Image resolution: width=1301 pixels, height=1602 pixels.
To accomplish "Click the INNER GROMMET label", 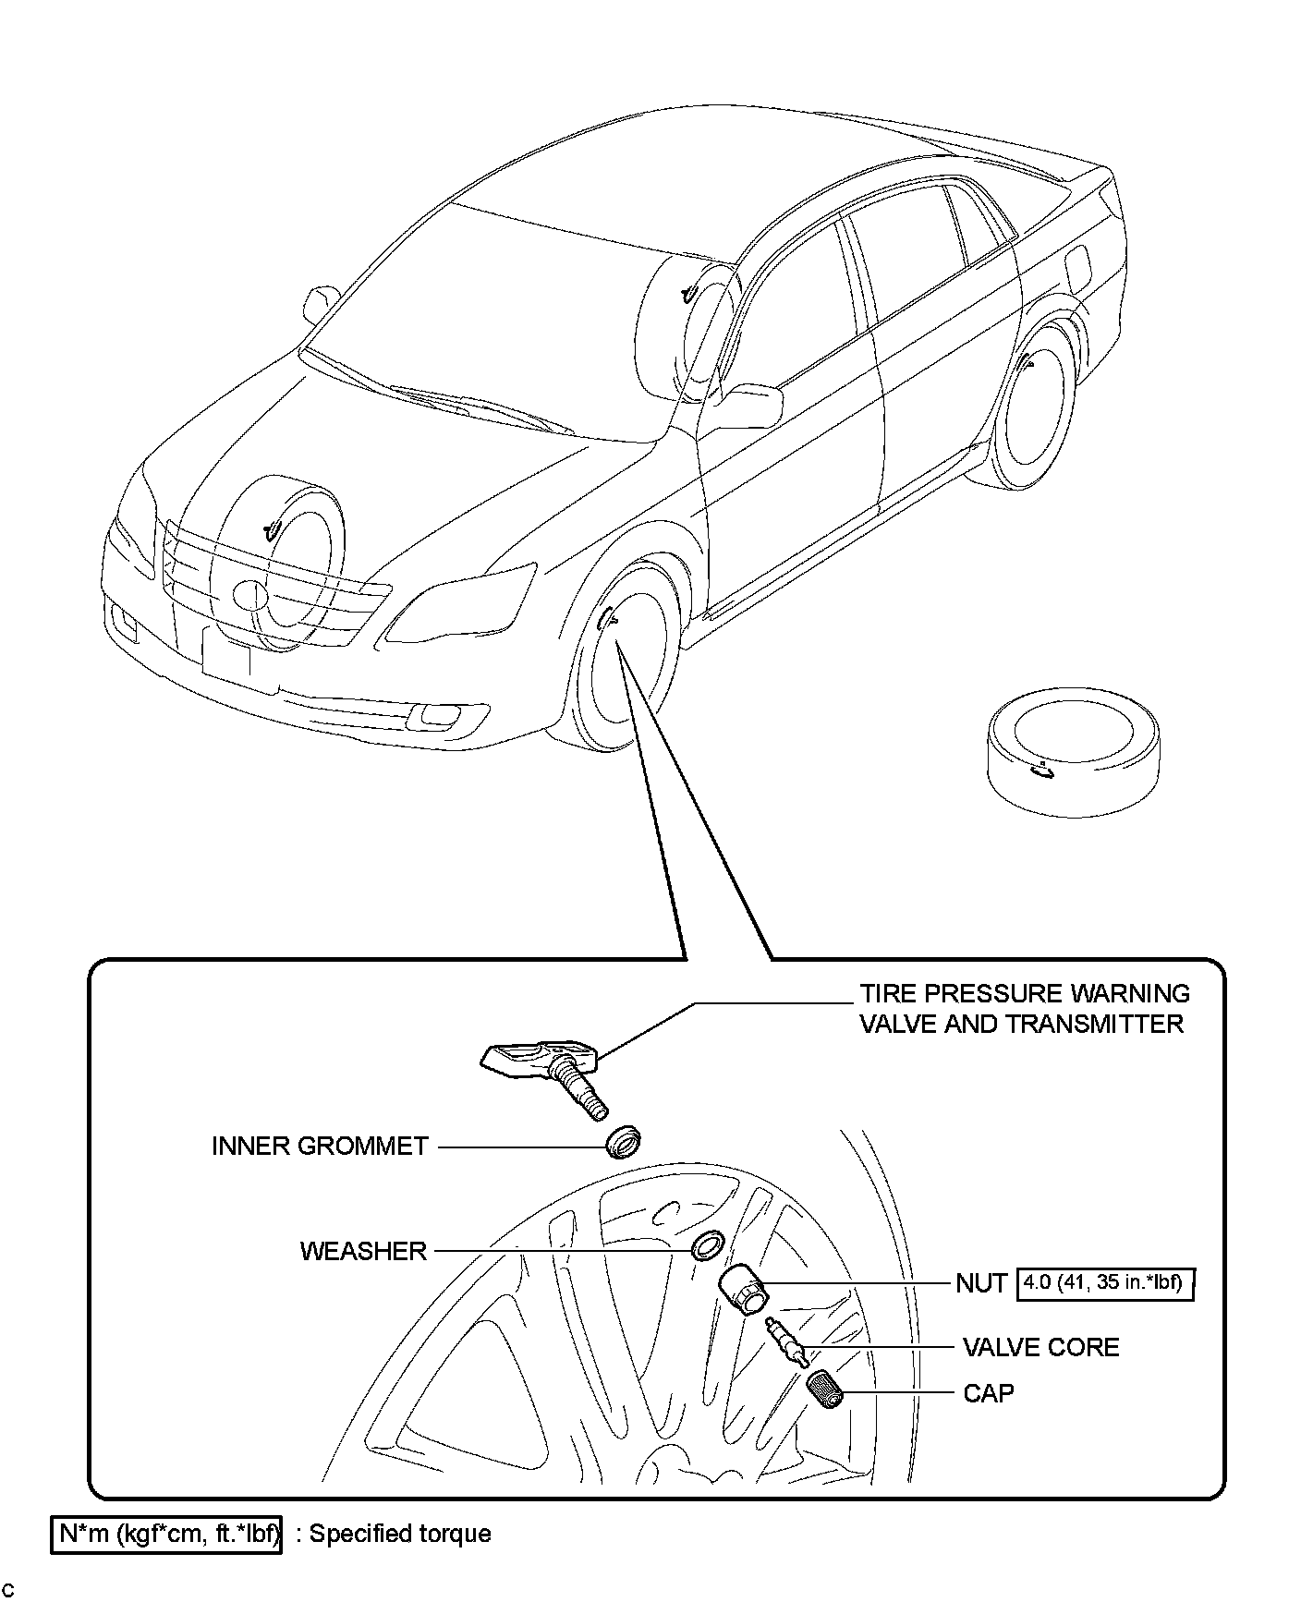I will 320,1147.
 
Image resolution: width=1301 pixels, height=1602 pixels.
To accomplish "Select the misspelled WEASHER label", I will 363,1251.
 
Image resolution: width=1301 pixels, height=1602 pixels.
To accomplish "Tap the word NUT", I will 981,1283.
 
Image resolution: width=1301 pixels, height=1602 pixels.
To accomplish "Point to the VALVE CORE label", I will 1040,1347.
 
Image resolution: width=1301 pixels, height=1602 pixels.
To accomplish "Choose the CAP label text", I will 989,1392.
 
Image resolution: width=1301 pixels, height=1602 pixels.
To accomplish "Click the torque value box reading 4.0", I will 1105,1283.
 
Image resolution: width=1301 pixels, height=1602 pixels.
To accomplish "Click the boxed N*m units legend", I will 166,1534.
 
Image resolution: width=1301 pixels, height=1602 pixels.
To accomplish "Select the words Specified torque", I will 400,1534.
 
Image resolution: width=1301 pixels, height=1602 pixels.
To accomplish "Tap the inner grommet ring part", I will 624,1142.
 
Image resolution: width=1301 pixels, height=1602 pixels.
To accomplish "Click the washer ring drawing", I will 707,1246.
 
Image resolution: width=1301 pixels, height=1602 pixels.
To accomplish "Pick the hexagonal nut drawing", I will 742,1290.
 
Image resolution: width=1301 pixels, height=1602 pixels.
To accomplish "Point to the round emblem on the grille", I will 249,594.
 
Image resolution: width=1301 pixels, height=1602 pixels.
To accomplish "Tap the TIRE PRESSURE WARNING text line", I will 1024,993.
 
